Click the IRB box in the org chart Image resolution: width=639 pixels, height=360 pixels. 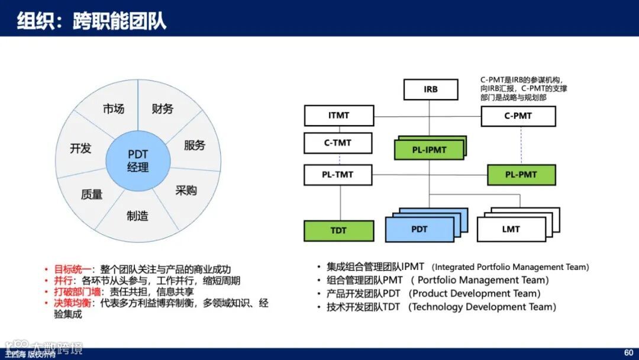coord(431,89)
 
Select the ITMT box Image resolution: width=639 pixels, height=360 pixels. coord(339,115)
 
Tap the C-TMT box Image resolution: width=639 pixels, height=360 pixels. coord(338,143)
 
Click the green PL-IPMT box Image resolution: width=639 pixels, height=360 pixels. coord(429,150)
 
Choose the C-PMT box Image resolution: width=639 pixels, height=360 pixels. coord(518,116)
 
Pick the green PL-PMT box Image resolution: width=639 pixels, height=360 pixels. coord(521,175)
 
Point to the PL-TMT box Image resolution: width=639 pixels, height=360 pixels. coord(338,175)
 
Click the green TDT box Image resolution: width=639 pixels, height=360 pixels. coord(338,231)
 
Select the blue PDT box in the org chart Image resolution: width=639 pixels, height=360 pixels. coord(419,229)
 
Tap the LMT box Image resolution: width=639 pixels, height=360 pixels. coord(511,229)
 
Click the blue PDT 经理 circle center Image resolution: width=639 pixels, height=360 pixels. coord(138,160)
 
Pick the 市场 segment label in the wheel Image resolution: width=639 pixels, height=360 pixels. coord(113,109)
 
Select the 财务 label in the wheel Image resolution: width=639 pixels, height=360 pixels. coord(163,108)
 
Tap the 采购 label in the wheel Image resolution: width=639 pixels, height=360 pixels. coord(186,191)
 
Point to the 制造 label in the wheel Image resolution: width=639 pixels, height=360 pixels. coord(137,216)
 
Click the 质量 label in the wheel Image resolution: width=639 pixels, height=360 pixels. coord(92,194)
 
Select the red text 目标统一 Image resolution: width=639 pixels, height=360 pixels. coord(72,269)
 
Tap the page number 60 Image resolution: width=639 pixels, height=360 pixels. coord(628,353)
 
